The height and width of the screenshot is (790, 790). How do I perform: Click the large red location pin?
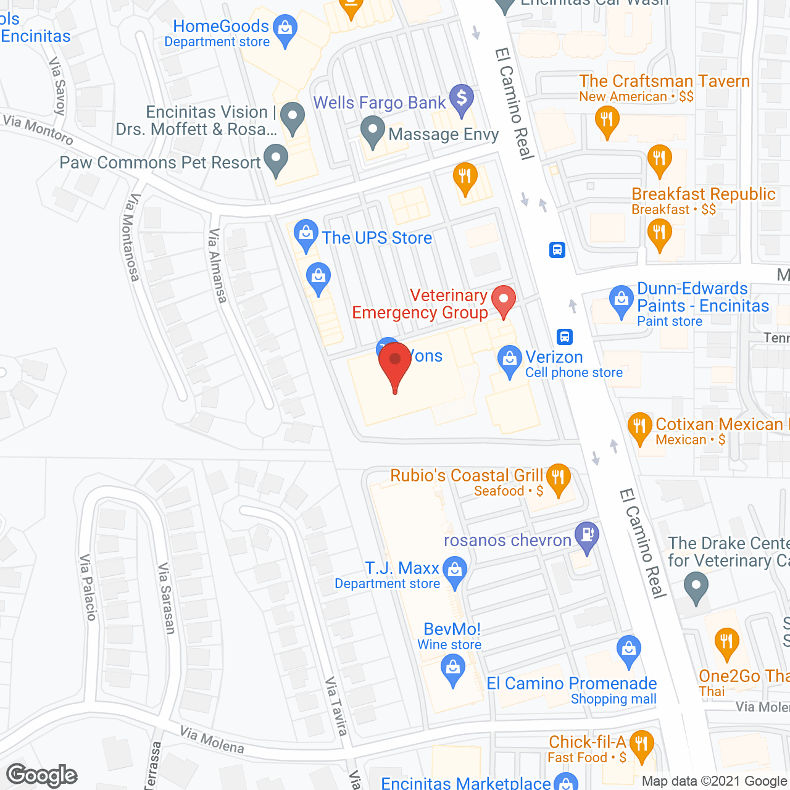tap(395, 364)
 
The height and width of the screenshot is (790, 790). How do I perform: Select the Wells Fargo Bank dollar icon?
tap(461, 99)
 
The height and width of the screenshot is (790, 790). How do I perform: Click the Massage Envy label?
tap(443, 135)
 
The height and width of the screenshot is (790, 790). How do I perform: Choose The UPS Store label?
tap(376, 238)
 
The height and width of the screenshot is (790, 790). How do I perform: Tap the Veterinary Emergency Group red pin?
tap(504, 301)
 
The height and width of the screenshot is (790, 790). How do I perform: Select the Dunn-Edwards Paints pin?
tap(621, 301)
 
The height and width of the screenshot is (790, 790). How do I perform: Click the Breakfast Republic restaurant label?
tap(703, 194)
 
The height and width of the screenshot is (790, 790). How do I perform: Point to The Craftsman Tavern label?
tap(664, 81)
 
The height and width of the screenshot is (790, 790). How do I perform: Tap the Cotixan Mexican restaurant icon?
tap(639, 427)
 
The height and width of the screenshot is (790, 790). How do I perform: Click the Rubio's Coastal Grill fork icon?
tap(558, 479)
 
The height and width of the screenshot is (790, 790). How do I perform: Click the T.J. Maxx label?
tap(402, 568)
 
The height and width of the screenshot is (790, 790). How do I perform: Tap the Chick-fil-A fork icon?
tap(642, 744)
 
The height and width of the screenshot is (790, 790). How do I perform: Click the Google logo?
tap(42, 775)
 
